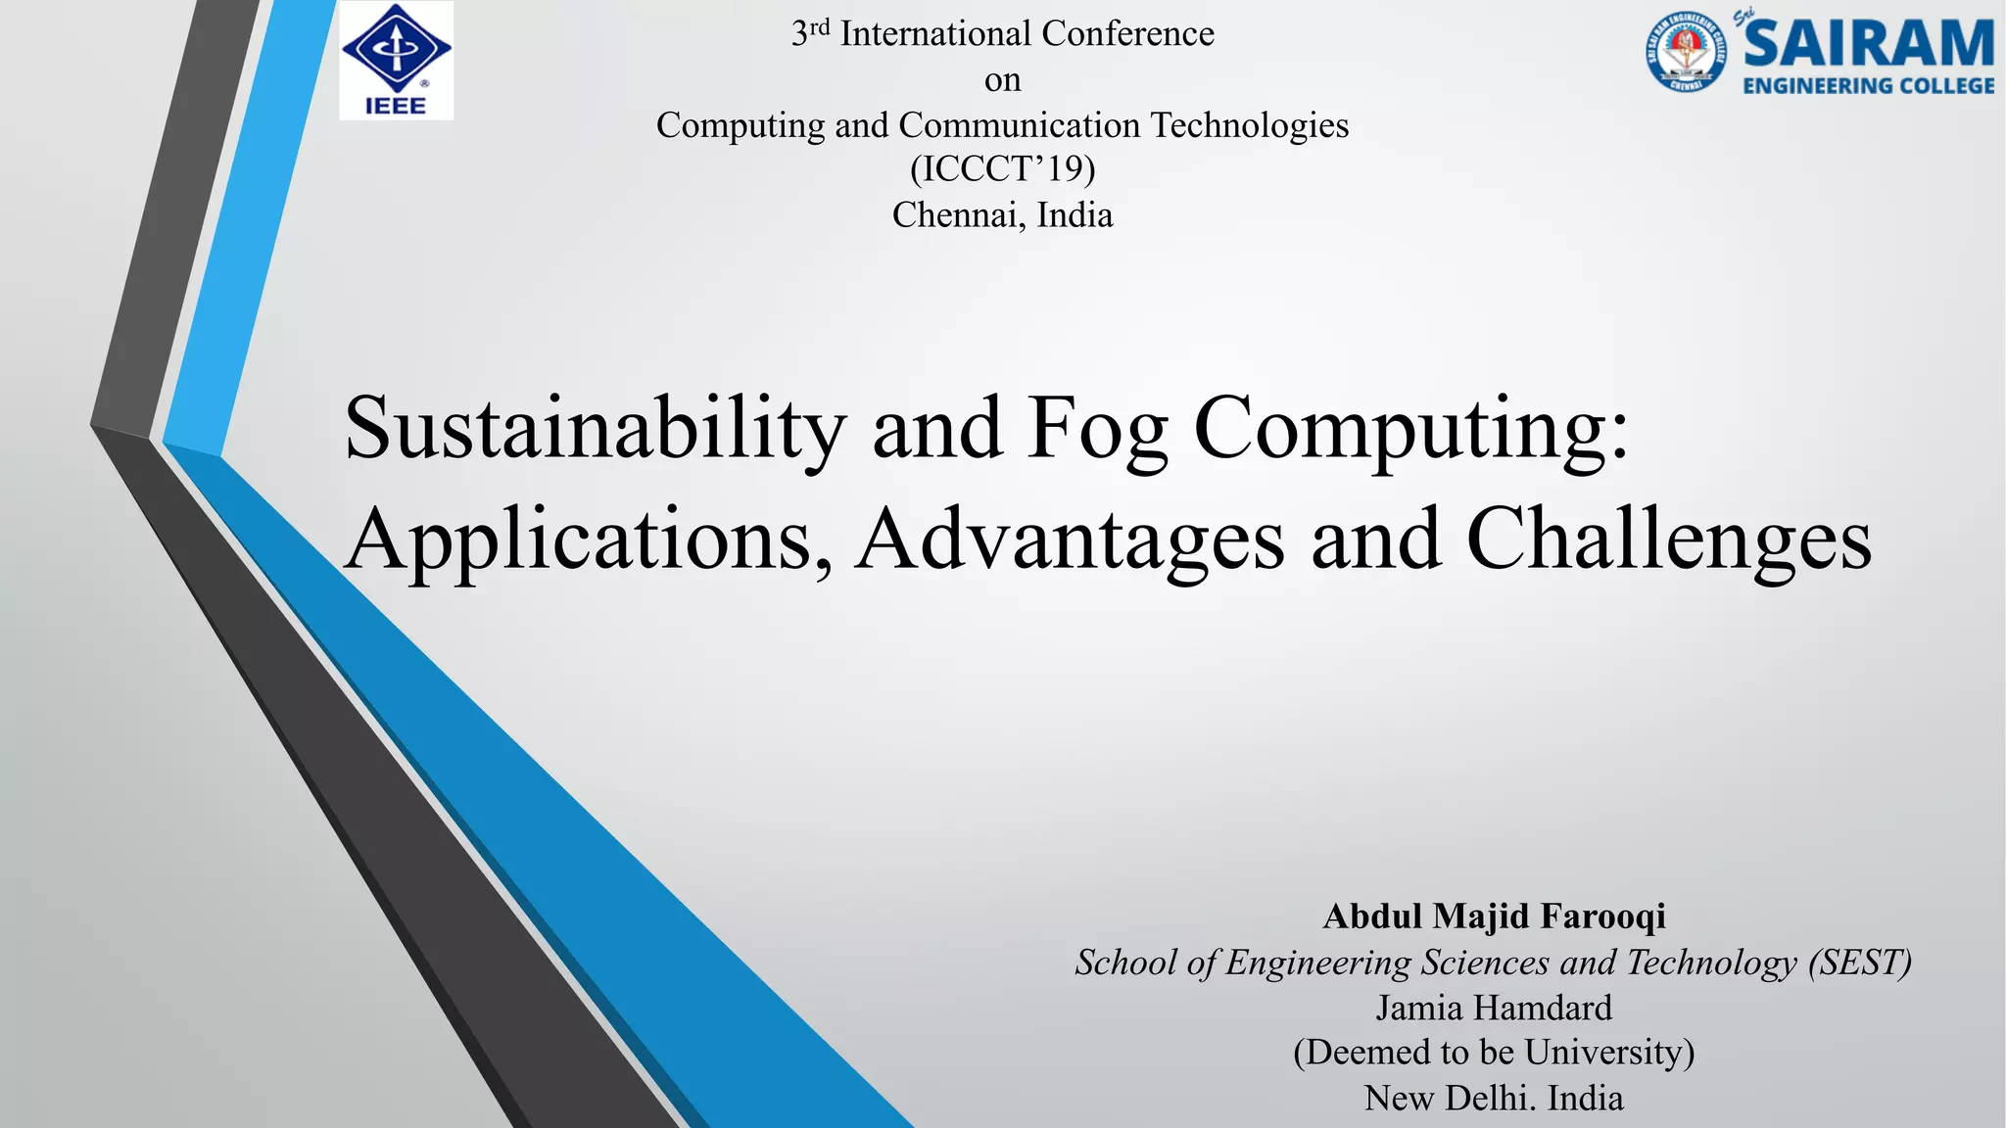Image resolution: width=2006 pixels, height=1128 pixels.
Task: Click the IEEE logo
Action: [x=396, y=61]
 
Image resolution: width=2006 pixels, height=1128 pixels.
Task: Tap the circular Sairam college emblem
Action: [x=1686, y=52]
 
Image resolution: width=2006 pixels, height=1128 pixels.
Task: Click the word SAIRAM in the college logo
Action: [x=1869, y=44]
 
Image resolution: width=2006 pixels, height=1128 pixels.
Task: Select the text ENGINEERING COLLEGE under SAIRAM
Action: [x=1869, y=86]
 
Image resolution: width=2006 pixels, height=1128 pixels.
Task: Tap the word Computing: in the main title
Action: [x=1410, y=429]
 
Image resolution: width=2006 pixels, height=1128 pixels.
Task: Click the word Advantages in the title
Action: [x=1070, y=540]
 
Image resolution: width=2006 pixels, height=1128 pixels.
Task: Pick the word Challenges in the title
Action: [x=1669, y=540]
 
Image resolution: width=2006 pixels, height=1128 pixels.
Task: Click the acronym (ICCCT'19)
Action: [x=1002, y=169]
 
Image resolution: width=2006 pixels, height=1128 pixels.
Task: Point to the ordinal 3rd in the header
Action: [x=810, y=32]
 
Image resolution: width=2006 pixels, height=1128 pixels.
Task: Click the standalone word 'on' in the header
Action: [x=1002, y=80]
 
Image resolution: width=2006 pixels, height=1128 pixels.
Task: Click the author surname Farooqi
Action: [x=1602, y=916]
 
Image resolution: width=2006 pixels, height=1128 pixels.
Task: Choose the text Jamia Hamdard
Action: [x=1494, y=1008]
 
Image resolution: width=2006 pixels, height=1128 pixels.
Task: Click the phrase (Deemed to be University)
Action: [x=1494, y=1053]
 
